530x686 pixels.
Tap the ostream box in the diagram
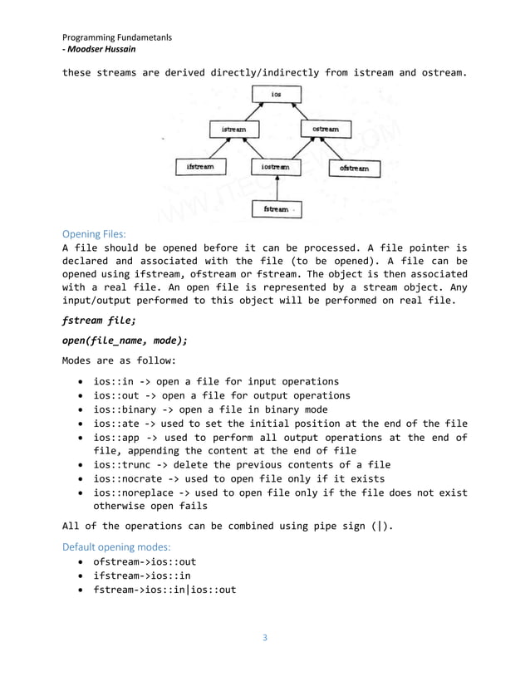click(x=325, y=130)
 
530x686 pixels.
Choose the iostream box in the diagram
click(x=276, y=168)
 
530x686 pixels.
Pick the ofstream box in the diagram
click(x=355, y=169)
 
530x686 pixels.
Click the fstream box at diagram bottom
click(x=276, y=209)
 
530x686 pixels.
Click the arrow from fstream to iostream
click(x=276, y=189)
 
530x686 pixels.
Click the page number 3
click(x=264, y=638)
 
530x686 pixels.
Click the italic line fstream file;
click(x=98, y=319)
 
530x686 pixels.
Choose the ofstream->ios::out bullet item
click(x=145, y=562)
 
